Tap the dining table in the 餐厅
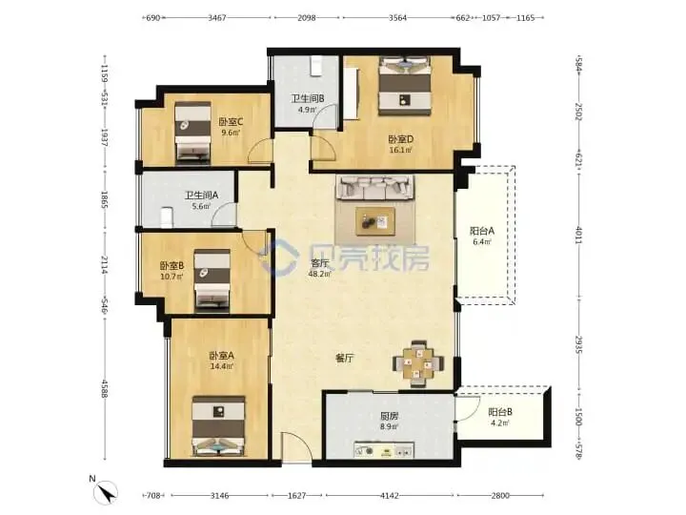click(418, 363)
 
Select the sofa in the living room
click(375, 188)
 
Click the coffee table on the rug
click(375, 221)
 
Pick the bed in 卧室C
click(192, 134)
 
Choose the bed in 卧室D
click(405, 86)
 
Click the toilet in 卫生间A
click(167, 217)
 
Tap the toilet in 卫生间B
click(315, 67)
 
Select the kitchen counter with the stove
click(384, 450)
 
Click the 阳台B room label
click(500, 412)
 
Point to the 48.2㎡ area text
click(320, 274)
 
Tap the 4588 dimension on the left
click(105, 388)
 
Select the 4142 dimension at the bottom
click(390, 495)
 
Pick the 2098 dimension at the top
click(306, 18)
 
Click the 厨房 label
click(389, 416)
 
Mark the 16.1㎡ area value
click(400, 150)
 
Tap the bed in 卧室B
click(212, 279)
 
